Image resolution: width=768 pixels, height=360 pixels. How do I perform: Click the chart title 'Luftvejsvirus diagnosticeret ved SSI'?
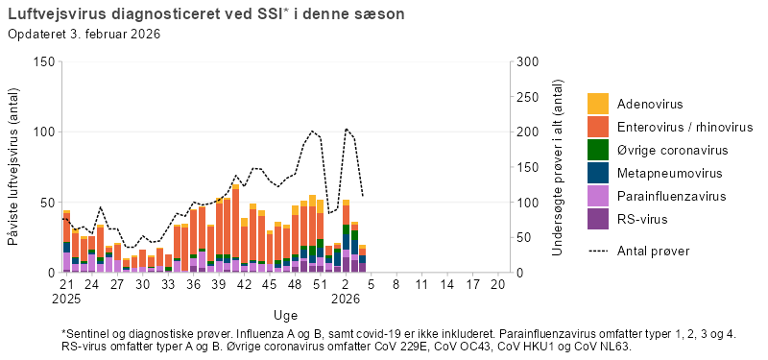(x=144, y=15)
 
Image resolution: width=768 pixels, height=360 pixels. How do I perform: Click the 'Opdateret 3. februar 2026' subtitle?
(x=84, y=35)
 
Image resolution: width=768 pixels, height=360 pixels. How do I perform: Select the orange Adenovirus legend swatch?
(x=598, y=104)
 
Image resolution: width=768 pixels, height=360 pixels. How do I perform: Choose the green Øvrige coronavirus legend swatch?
(x=598, y=151)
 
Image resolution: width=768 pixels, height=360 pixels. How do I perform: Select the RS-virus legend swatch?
(x=598, y=220)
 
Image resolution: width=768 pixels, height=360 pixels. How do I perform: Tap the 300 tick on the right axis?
(x=527, y=61)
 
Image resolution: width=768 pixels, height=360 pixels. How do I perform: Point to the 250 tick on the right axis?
(x=527, y=97)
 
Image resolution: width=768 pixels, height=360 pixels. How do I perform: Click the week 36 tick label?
(x=193, y=286)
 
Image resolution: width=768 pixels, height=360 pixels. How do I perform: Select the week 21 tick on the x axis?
(x=66, y=286)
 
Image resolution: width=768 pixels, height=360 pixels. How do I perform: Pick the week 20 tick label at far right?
(x=497, y=286)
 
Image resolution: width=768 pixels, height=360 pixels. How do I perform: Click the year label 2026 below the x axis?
(x=346, y=300)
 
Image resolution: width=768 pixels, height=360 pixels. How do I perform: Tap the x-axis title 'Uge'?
(x=285, y=315)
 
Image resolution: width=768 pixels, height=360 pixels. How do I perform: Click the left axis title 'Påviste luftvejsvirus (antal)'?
(x=15, y=167)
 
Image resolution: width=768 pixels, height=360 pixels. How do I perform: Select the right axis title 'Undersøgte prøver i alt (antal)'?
(x=558, y=167)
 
